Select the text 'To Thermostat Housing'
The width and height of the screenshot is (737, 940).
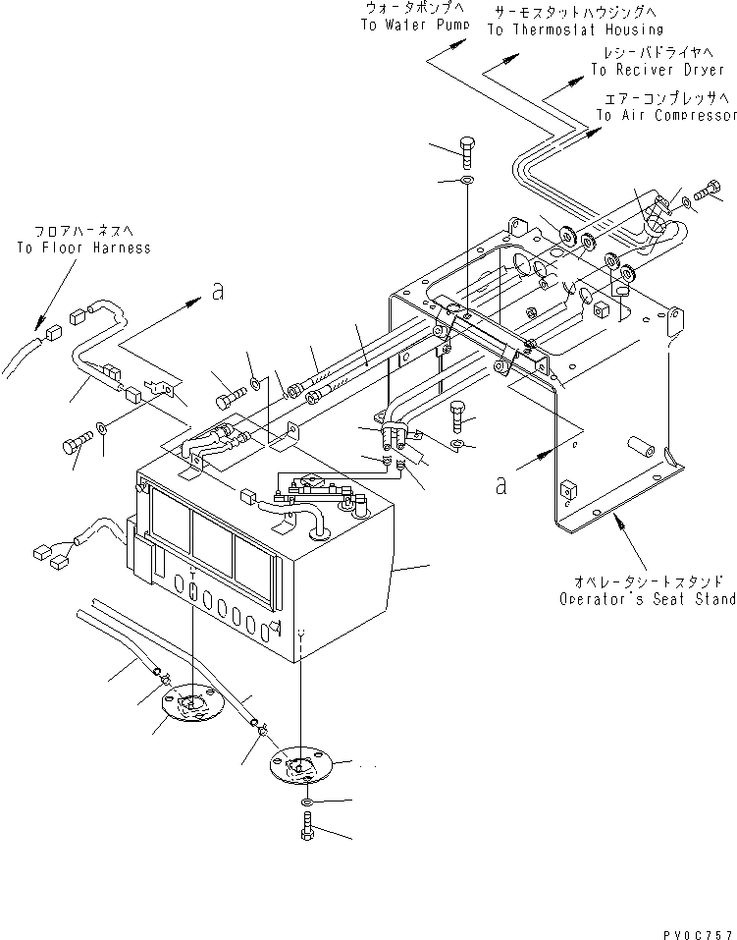click(x=575, y=29)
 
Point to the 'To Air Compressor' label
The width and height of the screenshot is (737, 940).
click(x=665, y=115)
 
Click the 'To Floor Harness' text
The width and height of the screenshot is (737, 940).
click(x=83, y=248)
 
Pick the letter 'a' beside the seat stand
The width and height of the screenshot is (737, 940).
click(x=501, y=483)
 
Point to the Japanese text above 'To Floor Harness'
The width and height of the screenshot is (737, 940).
click(x=83, y=231)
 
